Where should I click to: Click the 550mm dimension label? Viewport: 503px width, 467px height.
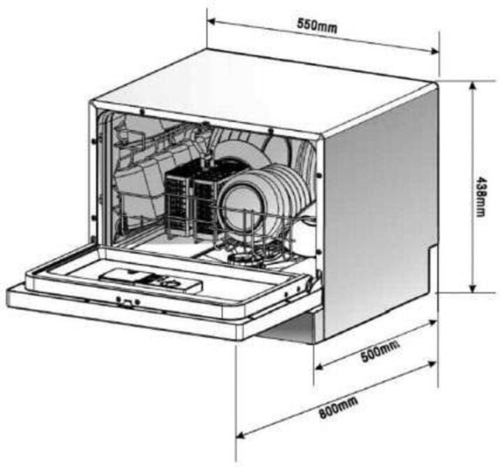point(317,26)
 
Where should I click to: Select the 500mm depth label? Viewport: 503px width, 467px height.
point(380,352)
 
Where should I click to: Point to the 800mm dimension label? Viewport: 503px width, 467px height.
point(338,407)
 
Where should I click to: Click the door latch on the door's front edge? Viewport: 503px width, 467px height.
point(128,302)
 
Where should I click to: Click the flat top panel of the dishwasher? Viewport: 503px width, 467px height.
point(263,93)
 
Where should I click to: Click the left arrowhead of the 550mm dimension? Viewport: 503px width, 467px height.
point(211,22)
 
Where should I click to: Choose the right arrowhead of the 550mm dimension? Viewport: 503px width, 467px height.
point(435,50)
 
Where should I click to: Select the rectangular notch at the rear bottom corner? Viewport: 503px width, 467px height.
point(433,269)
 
